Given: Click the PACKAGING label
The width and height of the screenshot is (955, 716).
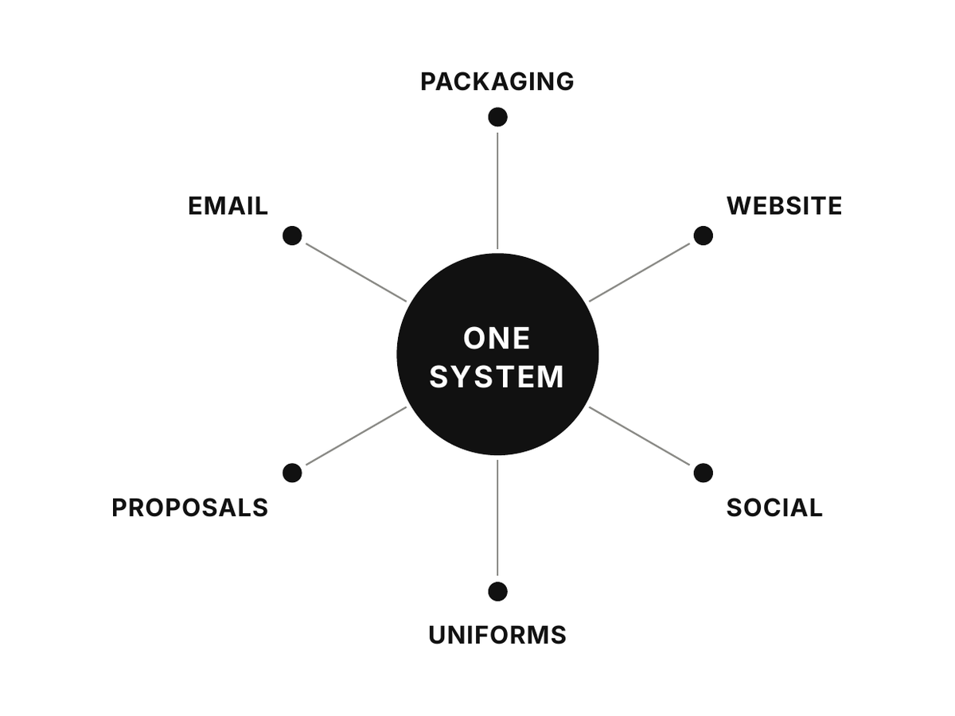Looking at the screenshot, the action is [x=497, y=82].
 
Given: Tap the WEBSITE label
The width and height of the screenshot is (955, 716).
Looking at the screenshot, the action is [x=785, y=205].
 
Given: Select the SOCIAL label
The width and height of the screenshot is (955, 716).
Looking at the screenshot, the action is [x=774, y=508].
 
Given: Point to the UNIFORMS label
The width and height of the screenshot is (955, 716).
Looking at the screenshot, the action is [x=497, y=635].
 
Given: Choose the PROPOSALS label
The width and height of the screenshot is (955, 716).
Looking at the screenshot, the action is [x=189, y=508].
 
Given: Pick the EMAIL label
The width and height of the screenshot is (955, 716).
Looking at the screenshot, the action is [x=228, y=205].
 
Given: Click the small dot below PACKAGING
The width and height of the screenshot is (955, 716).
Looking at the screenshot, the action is [x=497, y=118].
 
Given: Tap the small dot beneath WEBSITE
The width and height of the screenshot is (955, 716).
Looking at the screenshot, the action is [x=703, y=235].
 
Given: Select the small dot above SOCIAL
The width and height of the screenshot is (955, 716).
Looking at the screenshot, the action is [x=703, y=473].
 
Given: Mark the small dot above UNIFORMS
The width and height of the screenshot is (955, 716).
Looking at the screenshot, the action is [x=497, y=592].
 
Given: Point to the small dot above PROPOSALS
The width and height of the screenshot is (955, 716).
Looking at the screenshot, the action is [x=292, y=473].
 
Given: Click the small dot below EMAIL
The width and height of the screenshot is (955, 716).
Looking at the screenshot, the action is [x=292, y=235].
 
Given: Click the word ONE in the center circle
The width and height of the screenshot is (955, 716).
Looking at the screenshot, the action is [x=497, y=338].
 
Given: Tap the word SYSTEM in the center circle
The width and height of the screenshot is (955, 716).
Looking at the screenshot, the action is [x=497, y=376].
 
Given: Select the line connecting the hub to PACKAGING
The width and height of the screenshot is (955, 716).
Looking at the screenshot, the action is [x=497, y=191].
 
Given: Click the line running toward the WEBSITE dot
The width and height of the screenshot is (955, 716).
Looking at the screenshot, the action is [x=640, y=273].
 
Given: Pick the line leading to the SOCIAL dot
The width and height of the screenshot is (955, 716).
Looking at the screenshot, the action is [x=640, y=436].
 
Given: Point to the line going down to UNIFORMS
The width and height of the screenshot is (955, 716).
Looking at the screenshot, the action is [x=497, y=518].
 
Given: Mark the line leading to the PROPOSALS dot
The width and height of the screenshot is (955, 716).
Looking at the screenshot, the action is [x=356, y=436].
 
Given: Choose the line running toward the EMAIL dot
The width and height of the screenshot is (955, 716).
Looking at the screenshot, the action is [x=356, y=273].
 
